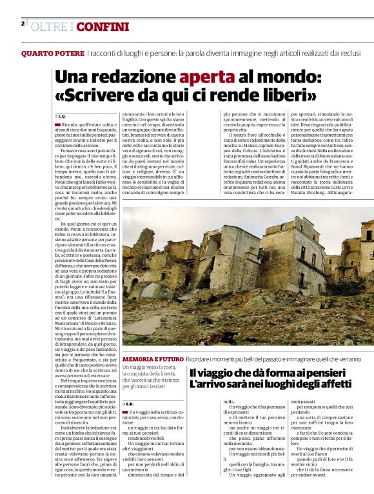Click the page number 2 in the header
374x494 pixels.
point(23,24)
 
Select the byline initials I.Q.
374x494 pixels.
point(62,115)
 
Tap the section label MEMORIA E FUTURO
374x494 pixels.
point(152,358)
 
